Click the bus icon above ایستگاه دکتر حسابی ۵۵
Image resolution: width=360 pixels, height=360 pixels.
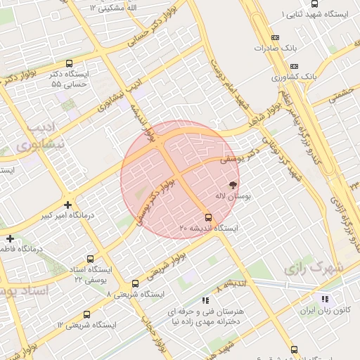point(68,63)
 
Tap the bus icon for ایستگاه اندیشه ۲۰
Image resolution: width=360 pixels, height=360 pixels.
point(207,217)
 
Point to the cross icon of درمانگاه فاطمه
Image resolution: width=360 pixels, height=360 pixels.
point(10,239)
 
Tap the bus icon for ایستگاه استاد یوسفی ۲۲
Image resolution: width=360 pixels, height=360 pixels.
point(91,259)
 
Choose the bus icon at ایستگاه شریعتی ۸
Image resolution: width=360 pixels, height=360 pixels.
point(135,283)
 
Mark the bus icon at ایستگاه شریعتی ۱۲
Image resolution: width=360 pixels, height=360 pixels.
point(86,314)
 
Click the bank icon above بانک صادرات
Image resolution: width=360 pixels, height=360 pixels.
point(274,38)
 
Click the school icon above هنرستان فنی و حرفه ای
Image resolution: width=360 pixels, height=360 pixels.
point(205,300)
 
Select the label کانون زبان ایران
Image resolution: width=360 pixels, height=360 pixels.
point(326,310)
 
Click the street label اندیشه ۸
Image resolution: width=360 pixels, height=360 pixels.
point(231,285)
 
